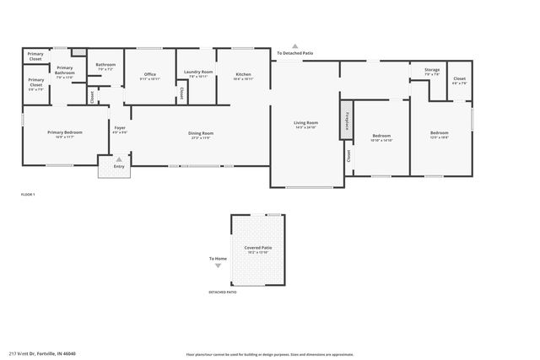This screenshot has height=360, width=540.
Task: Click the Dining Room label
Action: coord(201,135)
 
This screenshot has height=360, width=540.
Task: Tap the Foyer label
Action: coord(120,130)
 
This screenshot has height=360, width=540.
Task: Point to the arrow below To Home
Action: coord(219,266)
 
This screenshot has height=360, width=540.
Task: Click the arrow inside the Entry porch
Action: coord(119,159)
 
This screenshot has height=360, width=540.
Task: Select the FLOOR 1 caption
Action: coord(28,195)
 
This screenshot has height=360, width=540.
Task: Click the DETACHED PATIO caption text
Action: coord(223,292)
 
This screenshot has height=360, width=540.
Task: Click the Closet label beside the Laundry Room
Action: coord(181,93)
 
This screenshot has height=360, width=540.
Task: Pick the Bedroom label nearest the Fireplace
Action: coord(381,137)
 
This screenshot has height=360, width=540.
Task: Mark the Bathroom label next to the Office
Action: coord(105,66)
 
